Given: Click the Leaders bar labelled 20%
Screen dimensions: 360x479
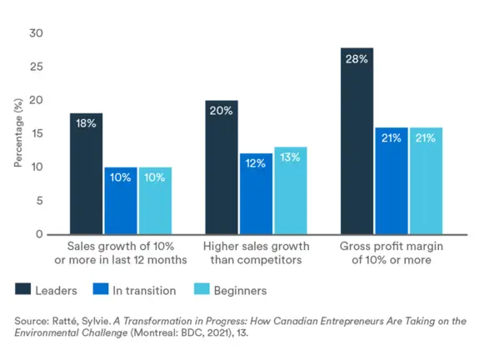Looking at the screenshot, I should pos(222,167).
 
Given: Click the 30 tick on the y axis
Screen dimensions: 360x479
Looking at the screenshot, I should pos(36,32).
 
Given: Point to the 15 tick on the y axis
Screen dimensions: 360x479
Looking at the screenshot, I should pos(36,133).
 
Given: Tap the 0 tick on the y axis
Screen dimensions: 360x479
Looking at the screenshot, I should pos(39,234).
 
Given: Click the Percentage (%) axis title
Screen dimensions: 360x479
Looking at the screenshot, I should pos(18,134).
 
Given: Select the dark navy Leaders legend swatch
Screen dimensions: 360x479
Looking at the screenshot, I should pos(22,290).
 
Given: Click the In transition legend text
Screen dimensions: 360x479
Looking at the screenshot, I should pos(145,291).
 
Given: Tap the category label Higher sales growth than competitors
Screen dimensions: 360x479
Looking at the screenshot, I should pos(257,253).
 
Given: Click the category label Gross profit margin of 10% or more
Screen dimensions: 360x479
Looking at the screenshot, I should pos(392,253).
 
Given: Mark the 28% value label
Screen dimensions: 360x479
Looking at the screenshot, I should pos(357,59).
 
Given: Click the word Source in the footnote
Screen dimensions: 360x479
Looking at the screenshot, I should pos(32,320).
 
